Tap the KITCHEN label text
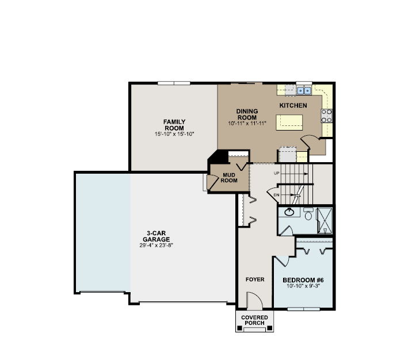click(293, 106)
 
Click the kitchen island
click(289, 122)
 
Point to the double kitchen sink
click(304, 90)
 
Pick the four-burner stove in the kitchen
click(327, 116)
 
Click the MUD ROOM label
click(230, 177)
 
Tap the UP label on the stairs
click(277, 173)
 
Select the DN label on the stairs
click(277, 195)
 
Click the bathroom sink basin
click(290, 212)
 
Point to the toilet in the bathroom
click(308, 215)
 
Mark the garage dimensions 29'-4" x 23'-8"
click(157, 245)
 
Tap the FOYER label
click(255, 279)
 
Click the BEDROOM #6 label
click(303, 279)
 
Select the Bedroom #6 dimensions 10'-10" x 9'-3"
click(303, 286)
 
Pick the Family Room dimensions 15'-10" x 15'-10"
click(174, 134)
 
